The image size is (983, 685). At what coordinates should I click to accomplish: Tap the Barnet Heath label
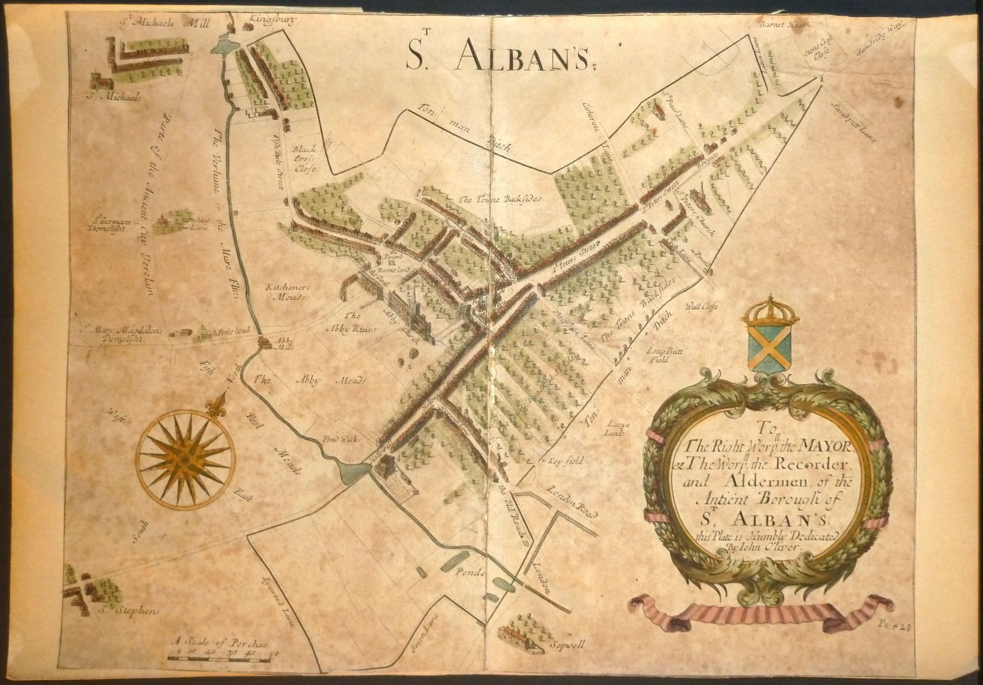785,25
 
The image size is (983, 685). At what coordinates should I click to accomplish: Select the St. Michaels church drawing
97,80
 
